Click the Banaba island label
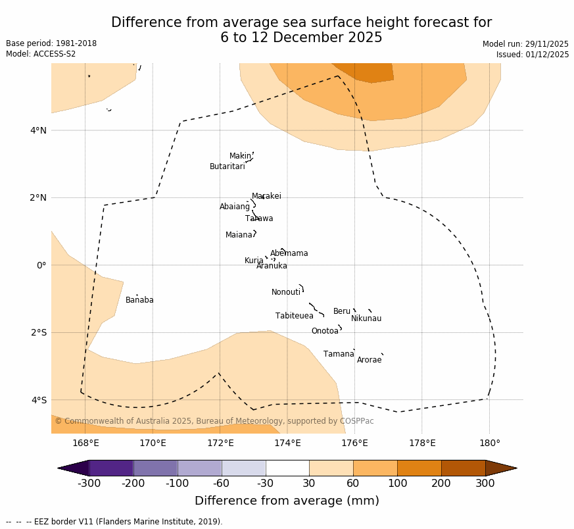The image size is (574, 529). pyautogui.click(x=139, y=300)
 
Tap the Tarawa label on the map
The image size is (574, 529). pyautogui.click(x=259, y=218)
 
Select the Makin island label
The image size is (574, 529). pyautogui.click(x=240, y=156)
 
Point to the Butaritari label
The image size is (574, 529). pyautogui.click(x=227, y=166)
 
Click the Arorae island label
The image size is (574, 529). pyautogui.click(x=369, y=360)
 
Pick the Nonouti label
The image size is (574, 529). pyautogui.click(x=286, y=292)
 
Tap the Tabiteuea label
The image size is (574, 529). pyautogui.click(x=295, y=316)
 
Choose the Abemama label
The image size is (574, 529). pyautogui.click(x=289, y=253)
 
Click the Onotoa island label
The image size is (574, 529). pyautogui.click(x=325, y=331)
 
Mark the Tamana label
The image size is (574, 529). pyautogui.click(x=339, y=354)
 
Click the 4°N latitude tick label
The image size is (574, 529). pyautogui.click(x=38, y=130)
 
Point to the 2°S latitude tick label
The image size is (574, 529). pyautogui.click(x=38, y=332)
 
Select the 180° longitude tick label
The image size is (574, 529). pyautogui.click(x=489, y=443)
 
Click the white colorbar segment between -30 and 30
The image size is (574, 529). pyautogui.click(x=287, y=468)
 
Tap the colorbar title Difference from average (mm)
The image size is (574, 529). pyautogui.click(x=287, y=501)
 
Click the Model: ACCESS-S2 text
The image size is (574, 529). pyautogui.click(x=41, y=54)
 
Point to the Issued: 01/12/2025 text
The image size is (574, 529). pyautogui.click(x=533, y=55)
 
